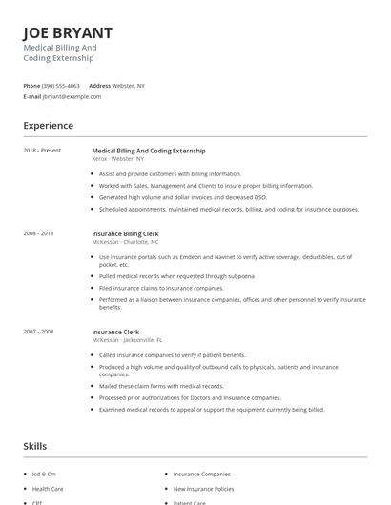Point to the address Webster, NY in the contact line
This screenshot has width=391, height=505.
point(129,86)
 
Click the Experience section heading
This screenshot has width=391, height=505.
point(48,125)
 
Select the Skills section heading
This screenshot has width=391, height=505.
point(35,445)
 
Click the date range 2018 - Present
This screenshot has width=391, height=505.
point(42,151)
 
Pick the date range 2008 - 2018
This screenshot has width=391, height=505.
point(40,232)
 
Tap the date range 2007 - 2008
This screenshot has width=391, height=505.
point(40,332)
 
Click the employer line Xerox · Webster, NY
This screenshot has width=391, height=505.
point(125,159)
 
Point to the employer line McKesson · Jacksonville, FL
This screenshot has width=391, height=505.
point(127,340)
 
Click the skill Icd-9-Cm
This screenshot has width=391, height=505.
point(44,473)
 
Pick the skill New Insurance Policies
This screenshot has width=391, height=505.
point(204,487)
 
